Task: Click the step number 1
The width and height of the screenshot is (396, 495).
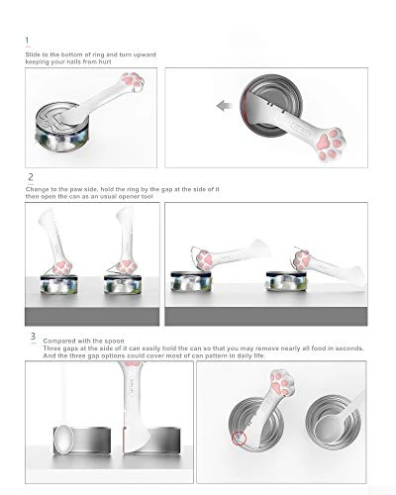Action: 26,42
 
